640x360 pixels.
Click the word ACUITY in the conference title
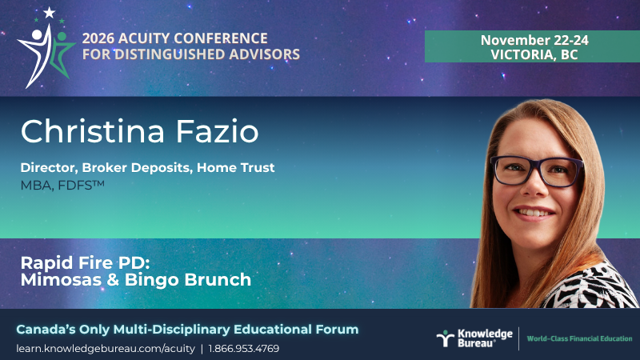click(144, 38)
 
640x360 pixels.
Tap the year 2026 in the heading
click(98, 38)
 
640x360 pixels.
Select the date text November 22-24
click(534, 40)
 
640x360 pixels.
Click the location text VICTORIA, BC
click(534, 54)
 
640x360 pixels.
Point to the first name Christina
click(93, 131)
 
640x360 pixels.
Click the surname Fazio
click(217, 131)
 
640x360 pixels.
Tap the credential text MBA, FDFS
click(62, 186)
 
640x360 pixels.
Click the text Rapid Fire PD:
click(86, 262)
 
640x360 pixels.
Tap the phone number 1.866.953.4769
click(244, 349)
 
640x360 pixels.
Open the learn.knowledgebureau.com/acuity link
click(106, 349)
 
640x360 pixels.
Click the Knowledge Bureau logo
click(474, 338)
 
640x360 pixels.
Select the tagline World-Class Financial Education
click(579, 338)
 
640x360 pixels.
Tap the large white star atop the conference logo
click(50, 13)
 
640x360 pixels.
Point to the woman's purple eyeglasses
click(537, 170)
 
